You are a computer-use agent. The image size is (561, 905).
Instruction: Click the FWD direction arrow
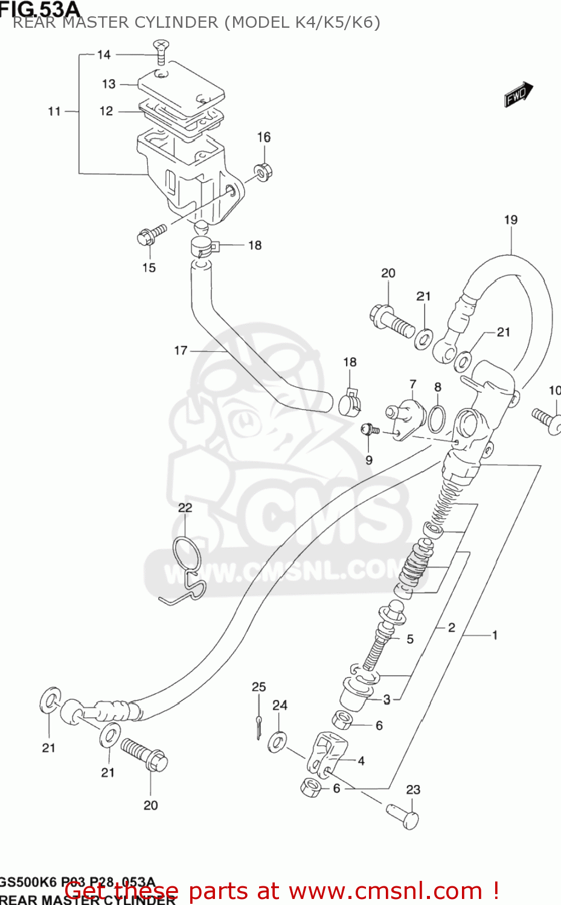click(518, 95)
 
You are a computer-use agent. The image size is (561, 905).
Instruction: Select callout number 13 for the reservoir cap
click(109, 84)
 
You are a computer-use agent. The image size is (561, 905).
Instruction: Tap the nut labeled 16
click(263, 171)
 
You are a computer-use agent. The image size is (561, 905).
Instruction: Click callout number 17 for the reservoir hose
click(181, 350)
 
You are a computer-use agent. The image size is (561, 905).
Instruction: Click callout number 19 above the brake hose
click(511, 220)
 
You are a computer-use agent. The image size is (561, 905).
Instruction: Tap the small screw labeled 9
click(369, 430)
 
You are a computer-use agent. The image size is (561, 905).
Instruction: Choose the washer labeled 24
click(278, 741)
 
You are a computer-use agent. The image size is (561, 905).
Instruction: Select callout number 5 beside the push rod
click(410, 639)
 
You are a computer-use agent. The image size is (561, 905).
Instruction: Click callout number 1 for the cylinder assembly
click(495, 635)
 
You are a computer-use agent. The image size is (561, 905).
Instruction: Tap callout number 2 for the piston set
click(451, 627)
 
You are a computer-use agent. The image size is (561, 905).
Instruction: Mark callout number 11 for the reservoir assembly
click(54, 111)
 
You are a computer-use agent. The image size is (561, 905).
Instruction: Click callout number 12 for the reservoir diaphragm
click(106, 111)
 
